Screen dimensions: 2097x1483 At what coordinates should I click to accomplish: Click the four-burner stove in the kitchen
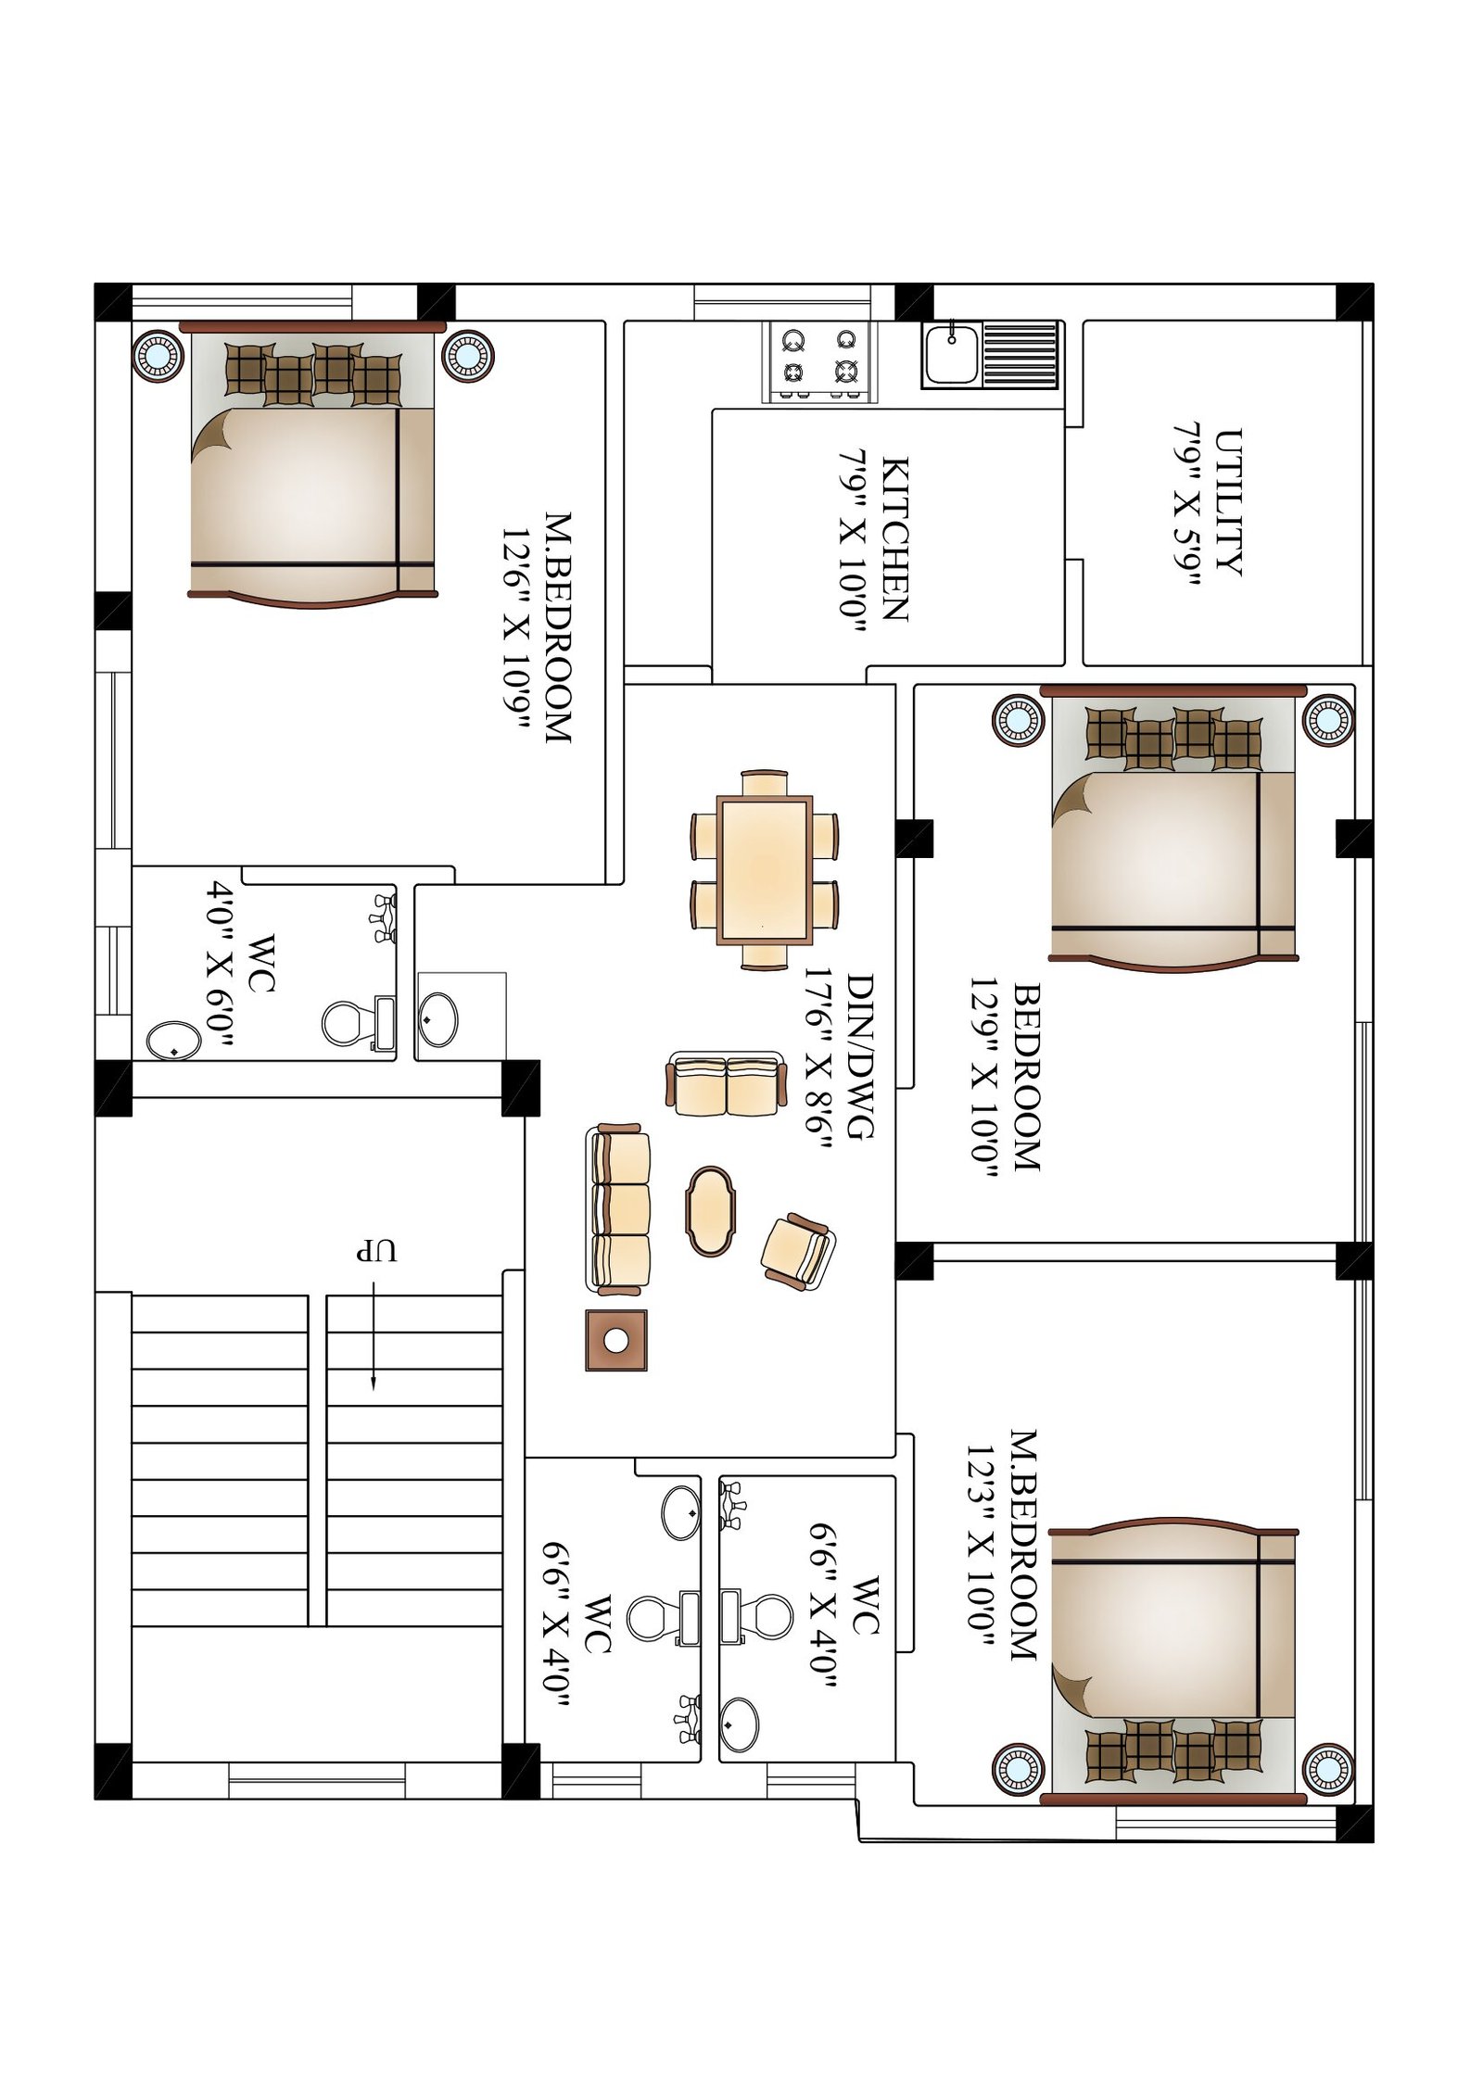pyautogui.click(x=818, y=360)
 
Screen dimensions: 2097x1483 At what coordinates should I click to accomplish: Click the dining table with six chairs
pyautogui.click(x=765, y=869)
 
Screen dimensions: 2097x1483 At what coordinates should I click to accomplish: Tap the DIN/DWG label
pyautogui.click(x=860, y=1056)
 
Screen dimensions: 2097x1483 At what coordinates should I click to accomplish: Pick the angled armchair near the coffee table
pyautogui.click(x=796, y=1251)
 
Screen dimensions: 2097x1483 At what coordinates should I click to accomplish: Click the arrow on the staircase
pyautogui.click(x=373, y=1334)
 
